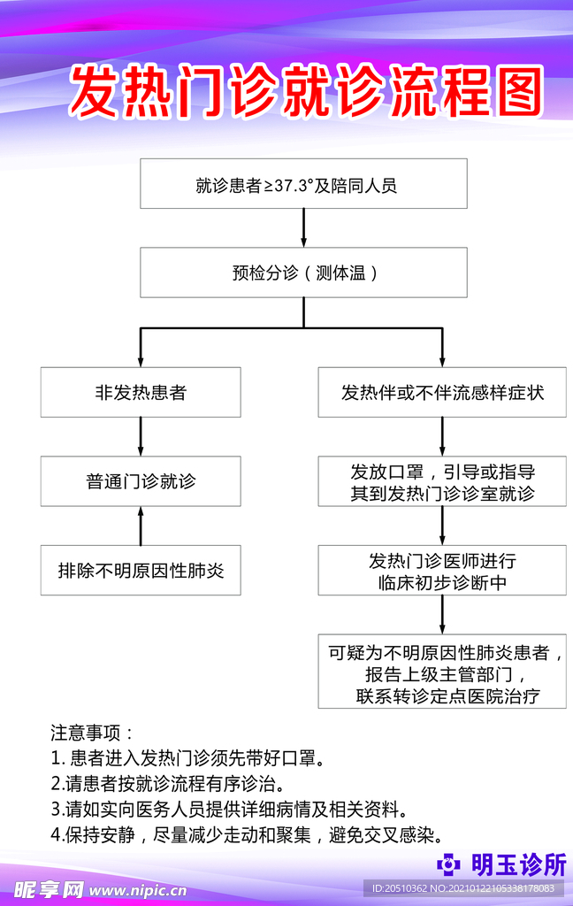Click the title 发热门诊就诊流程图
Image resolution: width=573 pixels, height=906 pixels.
(304, 91)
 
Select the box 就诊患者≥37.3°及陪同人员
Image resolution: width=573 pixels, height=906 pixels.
(303, 184)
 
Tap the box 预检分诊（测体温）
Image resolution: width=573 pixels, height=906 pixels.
(303, 273)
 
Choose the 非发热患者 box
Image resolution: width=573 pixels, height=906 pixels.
(141, 392)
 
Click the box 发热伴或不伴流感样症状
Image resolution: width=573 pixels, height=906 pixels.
(442, 392)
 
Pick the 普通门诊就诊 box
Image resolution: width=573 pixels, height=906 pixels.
(141, 481)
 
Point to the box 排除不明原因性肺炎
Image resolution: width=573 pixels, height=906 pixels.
(141, 570)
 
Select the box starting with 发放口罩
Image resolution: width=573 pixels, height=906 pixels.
(442, 481)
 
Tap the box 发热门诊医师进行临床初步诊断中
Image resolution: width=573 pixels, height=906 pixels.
(442, 572)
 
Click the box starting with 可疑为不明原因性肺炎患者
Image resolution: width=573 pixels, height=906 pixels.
(442, 671)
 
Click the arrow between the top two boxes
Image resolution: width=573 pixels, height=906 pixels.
(303, 228)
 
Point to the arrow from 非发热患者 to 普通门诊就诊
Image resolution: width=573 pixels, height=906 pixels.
(141, 436)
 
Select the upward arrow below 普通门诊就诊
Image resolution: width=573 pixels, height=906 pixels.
(141, 526)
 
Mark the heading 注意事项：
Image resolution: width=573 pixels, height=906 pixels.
(92, 733)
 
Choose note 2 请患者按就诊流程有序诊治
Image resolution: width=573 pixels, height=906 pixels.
(168, 784)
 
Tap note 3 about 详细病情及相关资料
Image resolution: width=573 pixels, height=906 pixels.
(230, 810)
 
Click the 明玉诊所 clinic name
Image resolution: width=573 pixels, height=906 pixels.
(517, 864)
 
